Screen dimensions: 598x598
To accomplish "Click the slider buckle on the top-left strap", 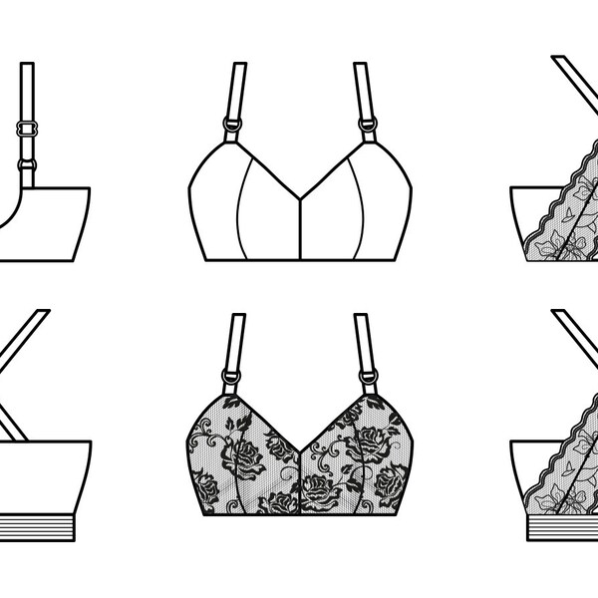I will pyautogui.click(x=27, y=129).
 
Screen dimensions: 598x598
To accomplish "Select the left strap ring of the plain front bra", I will pyautogui.click(x=232, y=127).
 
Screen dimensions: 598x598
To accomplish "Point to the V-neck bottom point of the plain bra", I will pyautogui.click(x=300, y=196).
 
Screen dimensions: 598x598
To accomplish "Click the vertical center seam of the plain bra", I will pyautogui.click(x=300, y=229).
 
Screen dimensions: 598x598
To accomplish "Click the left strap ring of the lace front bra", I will pyautogui.click(x=232, y=376).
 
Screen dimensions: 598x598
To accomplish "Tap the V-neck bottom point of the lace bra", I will pyautogui.click(x=300, y=446).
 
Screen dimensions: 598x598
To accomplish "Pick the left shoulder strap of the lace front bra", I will pyautogui.click(x=237, y=339).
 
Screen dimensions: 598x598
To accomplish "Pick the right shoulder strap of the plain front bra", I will pyautogui.click(x=362, y=90).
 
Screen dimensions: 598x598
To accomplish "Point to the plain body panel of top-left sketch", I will pyautogui.click(x=50, y=224).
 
